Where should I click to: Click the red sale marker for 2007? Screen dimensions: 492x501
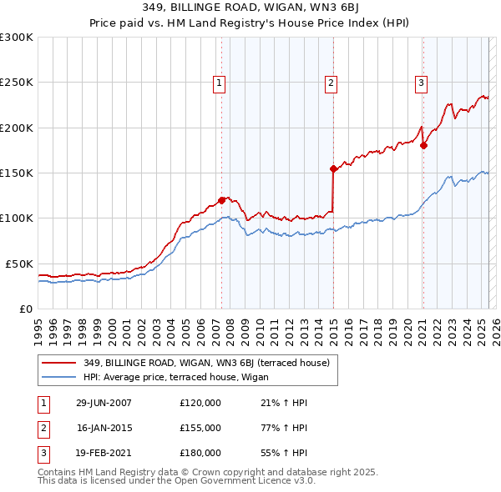coord(222,200)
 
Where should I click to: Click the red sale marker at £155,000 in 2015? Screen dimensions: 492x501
coord(333,168)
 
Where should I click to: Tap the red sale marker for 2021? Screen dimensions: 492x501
coord(423,146)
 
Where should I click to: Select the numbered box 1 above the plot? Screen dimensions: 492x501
coord(219,83)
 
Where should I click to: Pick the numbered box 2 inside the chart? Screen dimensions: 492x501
coord(331,83)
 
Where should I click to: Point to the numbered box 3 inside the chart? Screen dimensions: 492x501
coord(421,83)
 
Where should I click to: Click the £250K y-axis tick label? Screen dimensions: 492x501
coord(16,83)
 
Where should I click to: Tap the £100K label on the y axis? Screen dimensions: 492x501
coord(16,218)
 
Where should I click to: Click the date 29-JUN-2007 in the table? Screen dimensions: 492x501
coord(104,404)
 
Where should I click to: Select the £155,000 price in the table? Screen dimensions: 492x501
coord(200,428)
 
